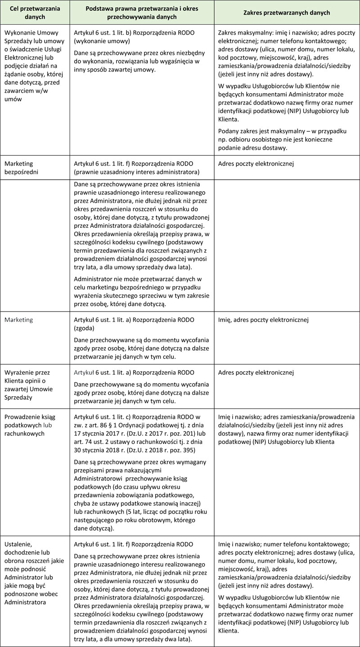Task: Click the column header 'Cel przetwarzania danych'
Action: coord(35,13)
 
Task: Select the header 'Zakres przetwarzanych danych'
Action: coord(287,13)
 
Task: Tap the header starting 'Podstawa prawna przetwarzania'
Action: coord(142,13)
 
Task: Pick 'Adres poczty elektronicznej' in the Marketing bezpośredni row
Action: coord(255,163)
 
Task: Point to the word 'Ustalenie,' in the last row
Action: coord(17,544)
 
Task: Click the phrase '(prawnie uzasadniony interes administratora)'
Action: coord(137,172)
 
